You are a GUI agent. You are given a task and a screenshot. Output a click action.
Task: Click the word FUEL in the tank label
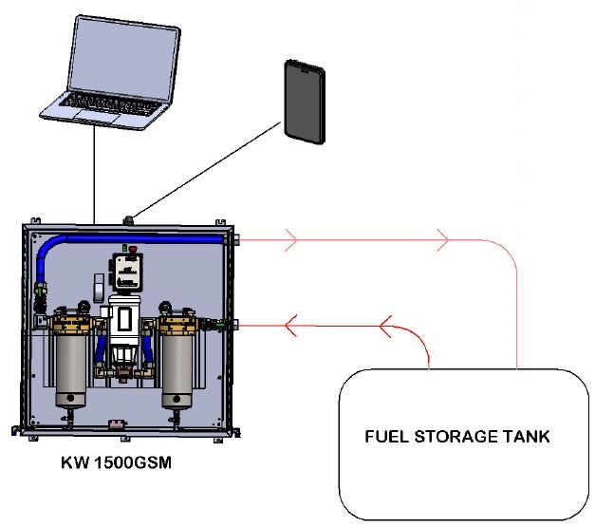[386, 438]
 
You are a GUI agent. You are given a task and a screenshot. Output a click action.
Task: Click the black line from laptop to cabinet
[95, 171]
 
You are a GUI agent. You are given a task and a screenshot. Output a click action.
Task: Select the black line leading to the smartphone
[209, 171]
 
